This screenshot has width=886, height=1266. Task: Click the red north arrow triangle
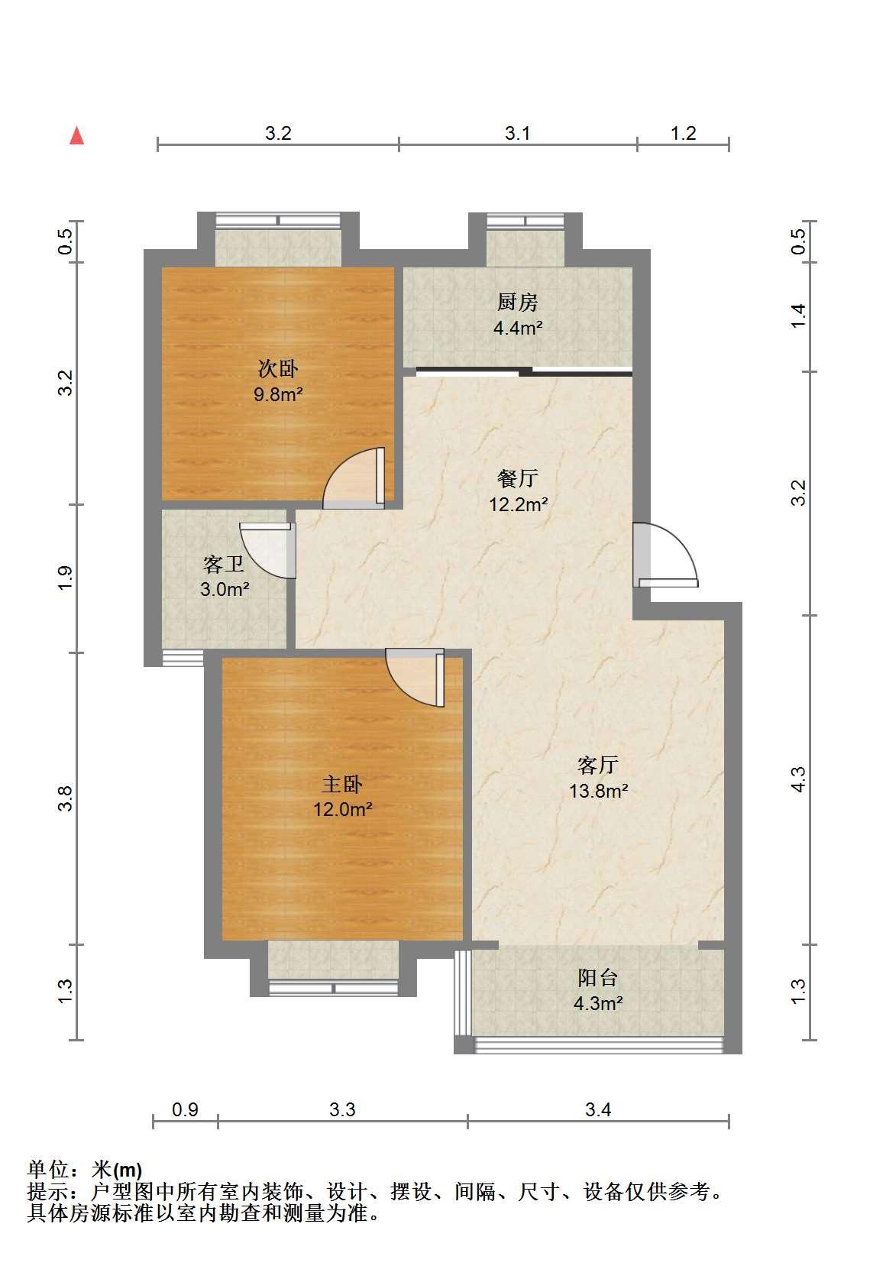[x=77, y=136]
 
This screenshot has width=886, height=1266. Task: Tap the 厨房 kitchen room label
[x=517, y=303]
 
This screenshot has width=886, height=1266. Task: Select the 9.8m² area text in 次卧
[x=278, y=394]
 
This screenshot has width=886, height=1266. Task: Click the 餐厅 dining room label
[x=518, y=478]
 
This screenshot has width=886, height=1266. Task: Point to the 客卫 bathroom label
[x=225, y=564]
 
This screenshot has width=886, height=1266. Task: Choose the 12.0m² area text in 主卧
[x=342, y=809]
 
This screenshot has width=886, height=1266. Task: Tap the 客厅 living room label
[x=598, y=765]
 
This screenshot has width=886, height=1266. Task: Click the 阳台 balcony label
[x=598, y=978]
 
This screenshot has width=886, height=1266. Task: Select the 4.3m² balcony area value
[x=598, y=1003]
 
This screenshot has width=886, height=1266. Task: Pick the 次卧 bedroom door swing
[x=354, y=478]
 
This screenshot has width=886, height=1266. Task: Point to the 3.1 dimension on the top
[x=518, y=134]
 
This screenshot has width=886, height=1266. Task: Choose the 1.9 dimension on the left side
[x=66, y=578]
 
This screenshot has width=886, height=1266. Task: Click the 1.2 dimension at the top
[x=683, y=134]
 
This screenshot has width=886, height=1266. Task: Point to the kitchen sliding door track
[x=524, y=372]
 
